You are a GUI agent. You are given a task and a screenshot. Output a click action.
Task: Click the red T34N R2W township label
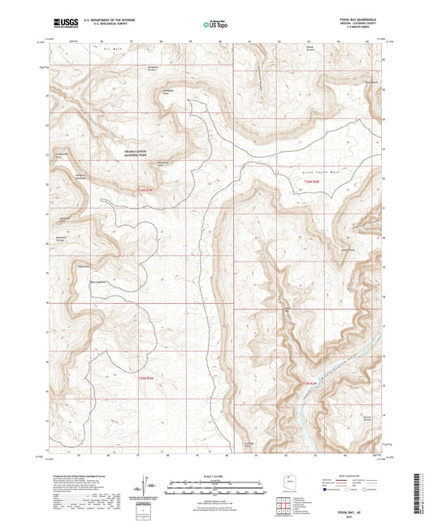pyautogui.click(x=143, y=192)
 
